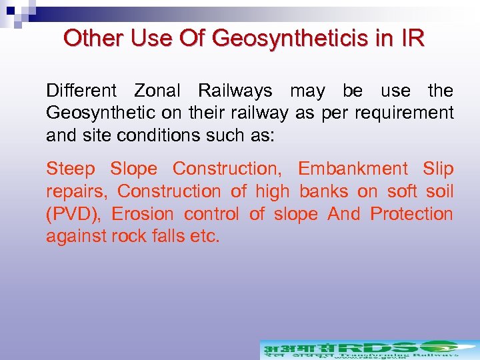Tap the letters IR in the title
tap(409, 38)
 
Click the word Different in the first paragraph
tap(81, 91)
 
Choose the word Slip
tap(438, 169)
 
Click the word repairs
tap(76, 192)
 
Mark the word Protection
tap(412, 214)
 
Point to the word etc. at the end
tap(205, 237)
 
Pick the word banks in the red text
tap(324, 192)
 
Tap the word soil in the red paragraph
tap(437, 192)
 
